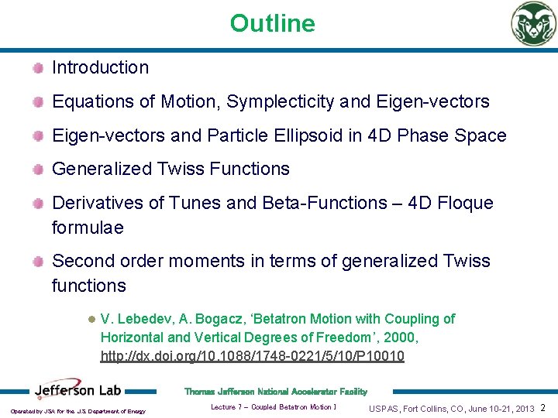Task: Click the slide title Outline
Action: point(272,23)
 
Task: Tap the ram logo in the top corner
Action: point(532,24)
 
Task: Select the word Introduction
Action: point(100,68)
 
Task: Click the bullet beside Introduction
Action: point(38,68)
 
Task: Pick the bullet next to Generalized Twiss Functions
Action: point(38,170)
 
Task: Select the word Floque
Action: point(463,204)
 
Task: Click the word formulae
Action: point(88,228)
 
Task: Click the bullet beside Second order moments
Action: point(38,262)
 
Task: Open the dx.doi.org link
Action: point(252,356)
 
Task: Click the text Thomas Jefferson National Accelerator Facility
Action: point(275,392)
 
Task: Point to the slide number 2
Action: point(542,408)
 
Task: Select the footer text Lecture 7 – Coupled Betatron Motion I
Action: point(273,407)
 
